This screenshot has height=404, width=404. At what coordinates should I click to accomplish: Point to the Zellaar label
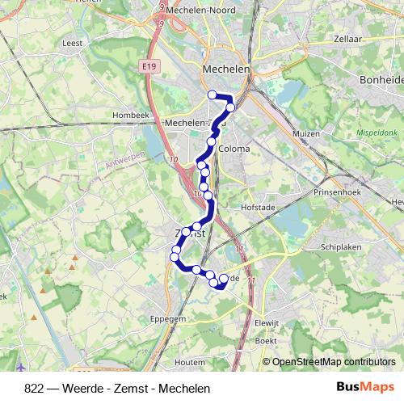tap(348, 38)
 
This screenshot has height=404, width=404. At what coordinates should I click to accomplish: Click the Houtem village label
tap(188, 363)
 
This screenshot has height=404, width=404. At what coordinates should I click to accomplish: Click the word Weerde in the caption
tap(69, 389)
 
